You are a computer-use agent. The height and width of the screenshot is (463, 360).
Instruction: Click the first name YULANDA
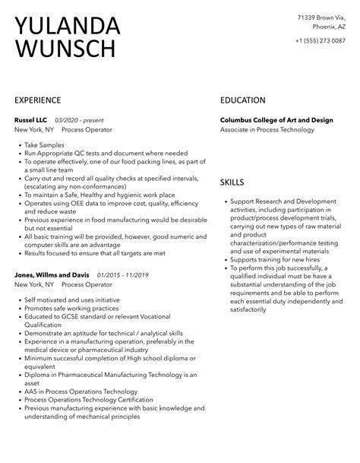click(x=68, y=26)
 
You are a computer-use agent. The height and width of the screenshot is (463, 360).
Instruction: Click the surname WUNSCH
click(x=65, y=50)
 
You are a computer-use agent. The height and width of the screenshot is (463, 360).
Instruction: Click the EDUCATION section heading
click(x=242, y=100)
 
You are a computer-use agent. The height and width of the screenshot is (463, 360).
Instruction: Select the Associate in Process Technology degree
click(x=267, y=130)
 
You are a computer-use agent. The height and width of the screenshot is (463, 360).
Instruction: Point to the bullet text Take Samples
click(x=45, y=144)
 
